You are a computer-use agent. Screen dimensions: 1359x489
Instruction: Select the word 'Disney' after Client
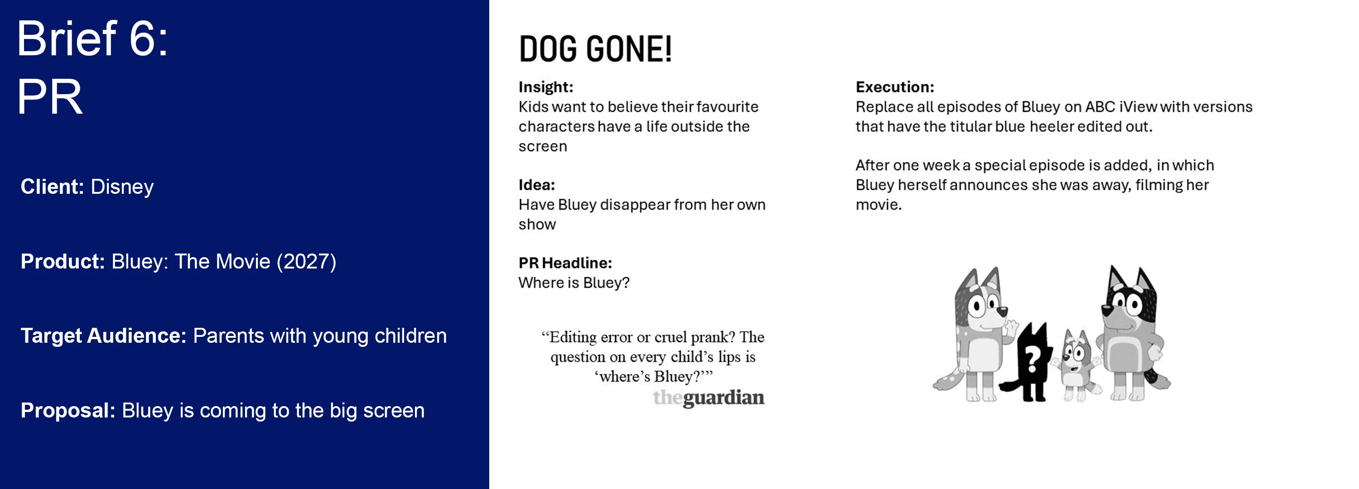pos(122,187)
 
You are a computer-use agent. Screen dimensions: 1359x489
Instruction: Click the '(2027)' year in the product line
pos(307,262)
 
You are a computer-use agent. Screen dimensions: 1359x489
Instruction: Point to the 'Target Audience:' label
pos(103,336)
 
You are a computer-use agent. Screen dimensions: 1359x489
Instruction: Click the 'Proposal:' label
pos(68,410)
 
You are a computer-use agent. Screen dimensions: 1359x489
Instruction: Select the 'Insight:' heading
pos(546,87)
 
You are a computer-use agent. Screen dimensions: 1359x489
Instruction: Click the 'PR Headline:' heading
pos(565,263)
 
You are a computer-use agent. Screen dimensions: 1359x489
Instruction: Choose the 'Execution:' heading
pos(895,87)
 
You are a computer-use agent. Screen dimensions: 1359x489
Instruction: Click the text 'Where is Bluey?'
pos(574,283)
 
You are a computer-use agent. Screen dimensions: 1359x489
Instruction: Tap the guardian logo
pos(708,398)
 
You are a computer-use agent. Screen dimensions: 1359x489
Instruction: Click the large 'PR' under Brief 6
pos(50,96)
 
